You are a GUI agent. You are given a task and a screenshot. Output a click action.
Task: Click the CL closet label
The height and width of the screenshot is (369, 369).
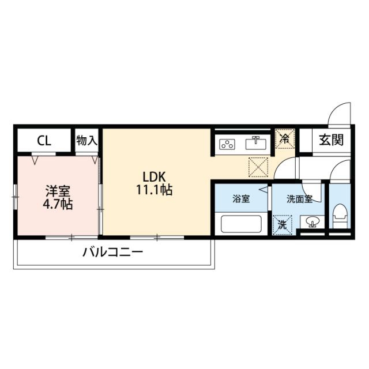(x=44, y=141)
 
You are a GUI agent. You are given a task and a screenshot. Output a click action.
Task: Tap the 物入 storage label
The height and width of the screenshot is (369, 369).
(x=87, y=141)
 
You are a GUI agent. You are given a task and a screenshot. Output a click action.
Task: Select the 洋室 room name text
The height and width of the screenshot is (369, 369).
(x=58, y=191)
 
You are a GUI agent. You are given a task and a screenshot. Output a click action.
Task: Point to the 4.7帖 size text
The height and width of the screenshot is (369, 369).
(x=58, y=204)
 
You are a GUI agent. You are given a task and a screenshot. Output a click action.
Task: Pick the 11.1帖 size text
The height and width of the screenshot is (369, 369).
(x=155, y=190)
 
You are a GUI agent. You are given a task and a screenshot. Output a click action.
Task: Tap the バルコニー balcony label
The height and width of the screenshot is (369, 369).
(x=113, y=253)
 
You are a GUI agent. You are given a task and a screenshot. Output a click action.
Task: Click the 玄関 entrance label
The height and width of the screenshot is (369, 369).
(x=332, y=140)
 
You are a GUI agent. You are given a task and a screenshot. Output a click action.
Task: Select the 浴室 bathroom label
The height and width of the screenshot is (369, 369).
(x=241, y=199)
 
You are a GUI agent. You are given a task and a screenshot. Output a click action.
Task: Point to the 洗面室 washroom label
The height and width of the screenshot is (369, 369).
(x=299, y=199)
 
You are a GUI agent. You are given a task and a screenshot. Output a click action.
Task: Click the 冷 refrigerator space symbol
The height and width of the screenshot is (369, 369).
(x=285, y=139)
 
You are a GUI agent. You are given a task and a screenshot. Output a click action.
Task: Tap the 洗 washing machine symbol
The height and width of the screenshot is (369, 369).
(x=282, y=225)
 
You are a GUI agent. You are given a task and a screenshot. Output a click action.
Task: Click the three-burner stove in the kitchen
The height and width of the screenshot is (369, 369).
(x=227, y=144)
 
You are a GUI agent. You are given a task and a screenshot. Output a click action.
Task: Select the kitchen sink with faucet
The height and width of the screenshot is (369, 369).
(x=256, y=144)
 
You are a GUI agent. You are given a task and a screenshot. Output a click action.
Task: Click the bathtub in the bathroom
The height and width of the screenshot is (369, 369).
(x=241, y=224)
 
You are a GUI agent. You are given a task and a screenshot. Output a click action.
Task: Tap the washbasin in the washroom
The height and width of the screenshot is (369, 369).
(x=312, y=222)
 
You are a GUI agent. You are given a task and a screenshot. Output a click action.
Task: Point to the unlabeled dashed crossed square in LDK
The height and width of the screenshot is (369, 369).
(x=258, y=167)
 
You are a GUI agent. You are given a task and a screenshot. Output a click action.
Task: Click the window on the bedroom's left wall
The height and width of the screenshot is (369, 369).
(x=15, y=197)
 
